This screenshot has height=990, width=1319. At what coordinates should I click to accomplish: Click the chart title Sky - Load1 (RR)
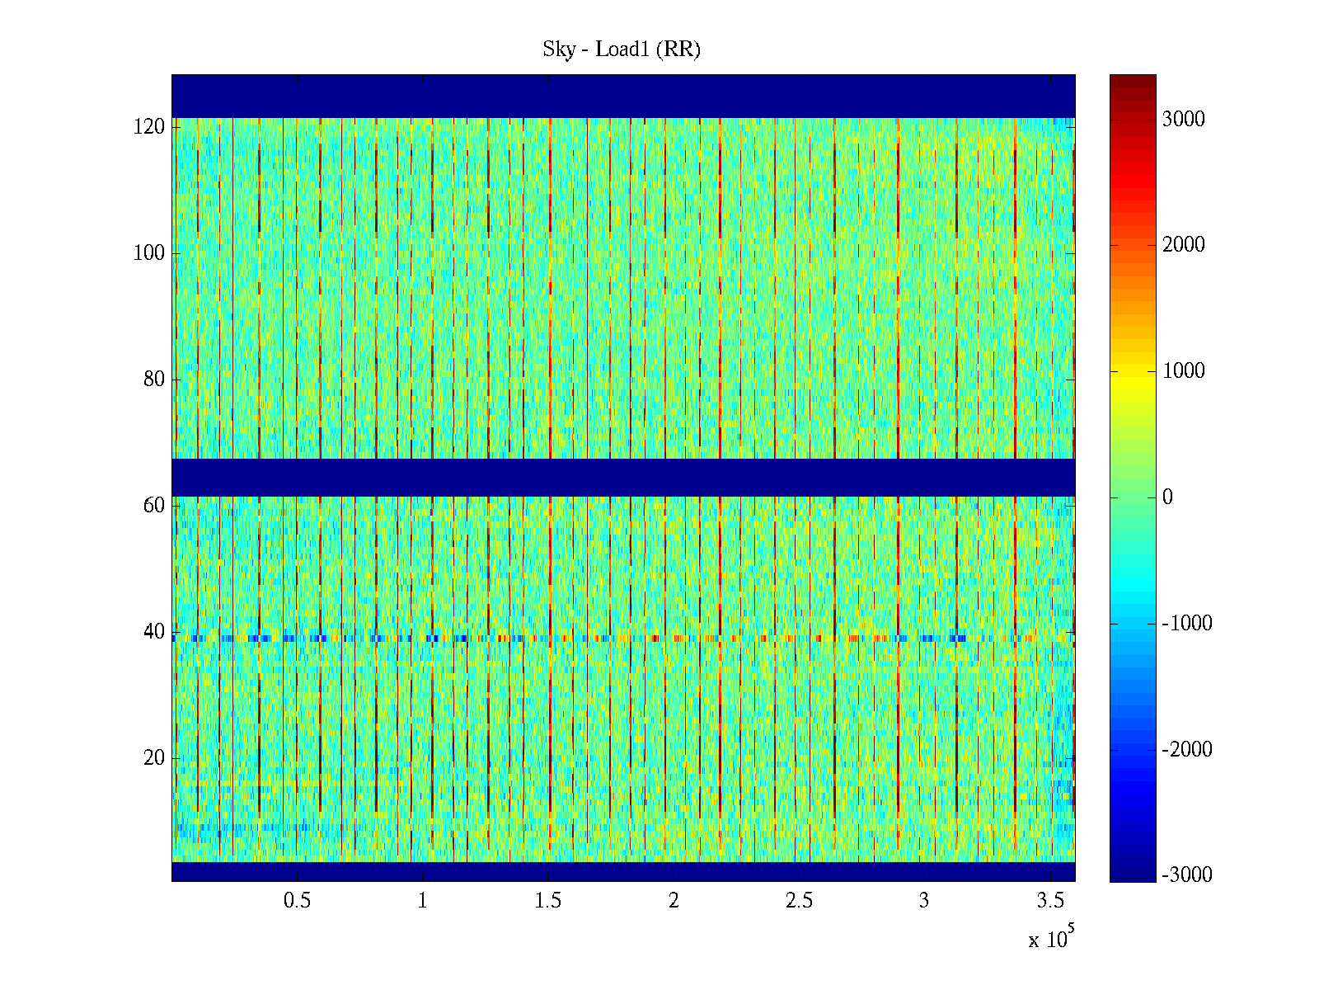622,49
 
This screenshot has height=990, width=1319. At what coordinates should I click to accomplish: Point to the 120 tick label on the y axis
149,127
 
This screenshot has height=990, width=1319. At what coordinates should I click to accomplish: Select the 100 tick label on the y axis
149,253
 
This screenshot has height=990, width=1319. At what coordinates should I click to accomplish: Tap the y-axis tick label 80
154,379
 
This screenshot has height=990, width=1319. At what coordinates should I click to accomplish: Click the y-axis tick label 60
154,506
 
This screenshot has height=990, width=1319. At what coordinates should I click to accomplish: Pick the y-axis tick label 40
154,632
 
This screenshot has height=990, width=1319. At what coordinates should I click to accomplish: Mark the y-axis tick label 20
154,758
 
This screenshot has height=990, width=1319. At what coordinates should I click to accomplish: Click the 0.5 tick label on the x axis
297,901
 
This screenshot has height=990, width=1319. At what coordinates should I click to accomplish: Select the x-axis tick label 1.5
548,901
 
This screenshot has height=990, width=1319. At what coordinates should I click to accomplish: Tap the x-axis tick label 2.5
799,901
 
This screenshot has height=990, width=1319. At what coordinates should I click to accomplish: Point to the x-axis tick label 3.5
1050,901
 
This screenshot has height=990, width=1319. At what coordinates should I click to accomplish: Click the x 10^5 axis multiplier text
1050,939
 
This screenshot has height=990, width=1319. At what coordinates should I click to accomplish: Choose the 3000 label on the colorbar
1183,120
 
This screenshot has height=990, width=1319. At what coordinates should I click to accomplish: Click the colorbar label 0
1167,497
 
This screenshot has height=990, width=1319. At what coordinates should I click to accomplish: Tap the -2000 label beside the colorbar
1186,750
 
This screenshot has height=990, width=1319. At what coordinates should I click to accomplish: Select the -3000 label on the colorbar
1186,875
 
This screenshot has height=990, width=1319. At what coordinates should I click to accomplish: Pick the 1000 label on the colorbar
1183,371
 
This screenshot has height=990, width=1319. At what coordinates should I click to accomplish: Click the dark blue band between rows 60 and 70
623,477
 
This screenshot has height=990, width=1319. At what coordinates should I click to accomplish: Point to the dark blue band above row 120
623,96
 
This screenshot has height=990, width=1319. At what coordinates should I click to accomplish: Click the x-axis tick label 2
674,901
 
